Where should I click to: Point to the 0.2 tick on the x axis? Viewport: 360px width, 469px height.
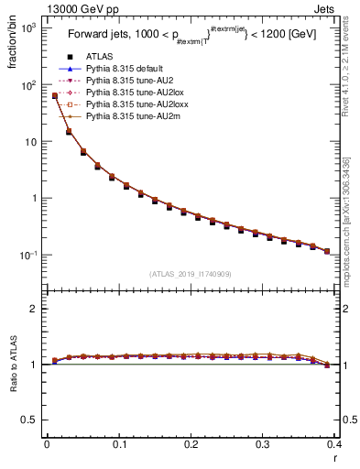(x=191, y=445)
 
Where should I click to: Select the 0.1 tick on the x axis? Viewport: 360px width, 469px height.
(x=118, y=445)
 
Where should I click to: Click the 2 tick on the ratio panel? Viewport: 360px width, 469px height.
(x=37, y=309)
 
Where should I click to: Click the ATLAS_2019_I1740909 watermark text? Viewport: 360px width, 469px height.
(x=191, y=273)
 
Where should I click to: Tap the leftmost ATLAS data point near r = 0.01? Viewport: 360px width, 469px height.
(x=55, y=96)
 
